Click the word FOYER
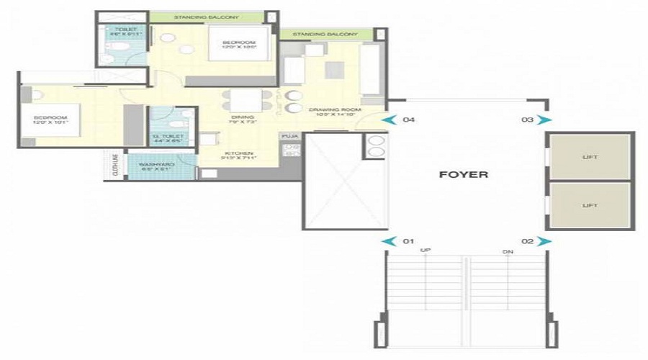[x=464, y=174]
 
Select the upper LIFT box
[x=590, y=156]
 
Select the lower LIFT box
[x=590, y=205]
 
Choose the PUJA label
[x=289, y=135]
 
